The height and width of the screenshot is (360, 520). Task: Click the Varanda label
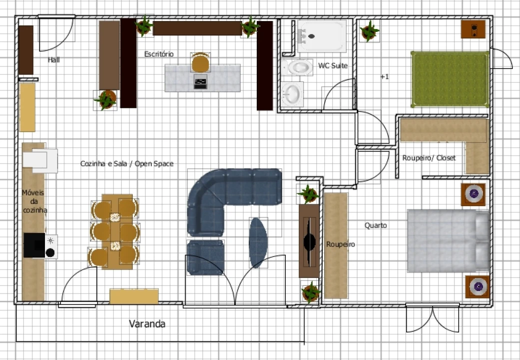coord(147,324)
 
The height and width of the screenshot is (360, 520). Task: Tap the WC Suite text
coord(333,65)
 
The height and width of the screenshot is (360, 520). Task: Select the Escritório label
coord(159,53)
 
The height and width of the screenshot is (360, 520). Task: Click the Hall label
coord(53,60)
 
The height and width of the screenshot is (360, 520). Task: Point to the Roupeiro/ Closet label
coord(429,158)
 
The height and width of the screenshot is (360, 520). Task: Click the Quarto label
coord(375,225)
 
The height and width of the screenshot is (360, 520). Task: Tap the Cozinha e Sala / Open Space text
coord(127,163)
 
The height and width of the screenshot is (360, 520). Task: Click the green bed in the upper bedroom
coord(449,79)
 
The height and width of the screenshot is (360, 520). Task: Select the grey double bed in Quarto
coord(448,241)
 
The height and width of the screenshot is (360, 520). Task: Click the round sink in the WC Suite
coord(292,93)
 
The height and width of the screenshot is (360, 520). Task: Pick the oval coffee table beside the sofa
coord(258,242)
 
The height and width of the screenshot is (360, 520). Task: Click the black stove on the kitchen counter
coord(34,245)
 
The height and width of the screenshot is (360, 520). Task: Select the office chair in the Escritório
coord(200,63)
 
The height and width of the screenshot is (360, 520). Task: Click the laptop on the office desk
coord(200,81)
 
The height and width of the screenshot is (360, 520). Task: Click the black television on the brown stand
coord(310,242)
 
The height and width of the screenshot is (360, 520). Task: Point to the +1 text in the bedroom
coord(384,77)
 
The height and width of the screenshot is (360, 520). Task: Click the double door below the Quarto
coord(432,318)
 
